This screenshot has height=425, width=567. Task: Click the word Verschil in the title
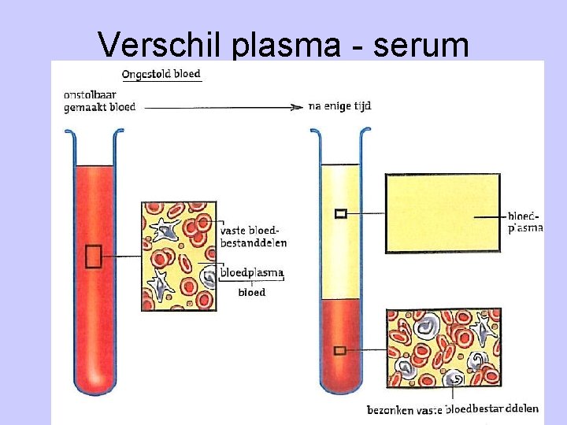[x=159, y=44]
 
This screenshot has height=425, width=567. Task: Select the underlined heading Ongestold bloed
[x=161, y=75]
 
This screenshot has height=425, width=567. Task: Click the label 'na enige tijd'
[x=339, y=106]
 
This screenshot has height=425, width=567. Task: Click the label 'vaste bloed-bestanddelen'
[x=253, y=237]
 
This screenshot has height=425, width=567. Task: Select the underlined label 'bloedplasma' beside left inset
[x=252, y=272]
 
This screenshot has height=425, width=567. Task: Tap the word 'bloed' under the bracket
[x=252, y=292]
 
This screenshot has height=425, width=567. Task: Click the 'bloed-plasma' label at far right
[x=525, y=222]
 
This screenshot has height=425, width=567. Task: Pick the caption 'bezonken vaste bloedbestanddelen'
[x=452, y=409]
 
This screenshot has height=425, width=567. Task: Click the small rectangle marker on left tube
[x=93, y=257]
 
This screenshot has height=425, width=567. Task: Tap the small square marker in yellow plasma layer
[x=341, y=213]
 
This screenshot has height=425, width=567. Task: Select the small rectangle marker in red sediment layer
[x=339, y=350]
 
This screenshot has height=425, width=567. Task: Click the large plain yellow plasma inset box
[x=443, y=213]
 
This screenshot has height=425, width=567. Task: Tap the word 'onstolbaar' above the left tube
[x=90, y=95]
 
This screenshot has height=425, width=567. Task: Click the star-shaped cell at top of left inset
[x=165, y=229]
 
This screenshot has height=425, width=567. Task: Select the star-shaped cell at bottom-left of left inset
[x=159, y=286]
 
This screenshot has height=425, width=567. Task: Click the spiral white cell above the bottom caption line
[x=454, y=379]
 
